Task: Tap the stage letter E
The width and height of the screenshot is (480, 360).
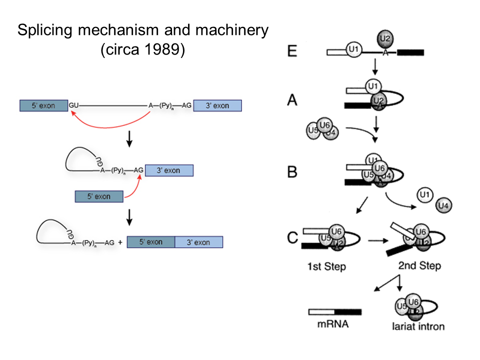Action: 292,50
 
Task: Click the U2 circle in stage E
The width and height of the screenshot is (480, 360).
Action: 383,37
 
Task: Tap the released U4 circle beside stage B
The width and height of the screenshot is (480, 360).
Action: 444,205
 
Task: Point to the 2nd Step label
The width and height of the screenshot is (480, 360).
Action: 419,265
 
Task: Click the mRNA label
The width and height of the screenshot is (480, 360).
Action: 332,323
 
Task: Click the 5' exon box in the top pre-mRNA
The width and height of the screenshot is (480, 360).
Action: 44,105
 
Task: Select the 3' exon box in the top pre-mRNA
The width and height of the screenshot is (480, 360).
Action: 217,105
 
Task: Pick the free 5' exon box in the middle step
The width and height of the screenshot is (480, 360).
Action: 99,196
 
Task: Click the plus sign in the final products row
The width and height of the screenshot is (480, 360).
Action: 120,242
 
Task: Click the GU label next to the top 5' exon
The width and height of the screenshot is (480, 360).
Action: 73,105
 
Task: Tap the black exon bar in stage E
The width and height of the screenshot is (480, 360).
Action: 410,52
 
